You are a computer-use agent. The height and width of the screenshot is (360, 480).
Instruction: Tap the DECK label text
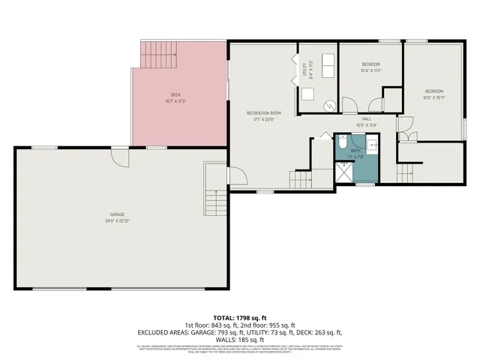point(175,94)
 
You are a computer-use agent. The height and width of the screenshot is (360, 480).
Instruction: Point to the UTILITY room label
point(305,69)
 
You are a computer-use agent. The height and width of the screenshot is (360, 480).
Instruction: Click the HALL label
point(367,118)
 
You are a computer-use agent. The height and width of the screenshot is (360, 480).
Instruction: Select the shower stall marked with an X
point(343,172)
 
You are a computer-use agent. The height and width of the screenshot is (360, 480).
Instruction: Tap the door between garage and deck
point(120,155)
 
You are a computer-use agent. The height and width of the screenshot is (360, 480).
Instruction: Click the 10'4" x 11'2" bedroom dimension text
point(371,71)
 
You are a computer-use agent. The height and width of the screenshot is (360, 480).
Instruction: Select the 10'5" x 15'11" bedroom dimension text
point(434,97)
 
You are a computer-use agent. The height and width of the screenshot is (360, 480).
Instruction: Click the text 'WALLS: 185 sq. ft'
point(240,339)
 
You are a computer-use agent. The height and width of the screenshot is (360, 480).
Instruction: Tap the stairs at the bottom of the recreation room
point(300,178)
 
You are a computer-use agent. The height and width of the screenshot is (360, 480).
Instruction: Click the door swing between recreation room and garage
point(235,177)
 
